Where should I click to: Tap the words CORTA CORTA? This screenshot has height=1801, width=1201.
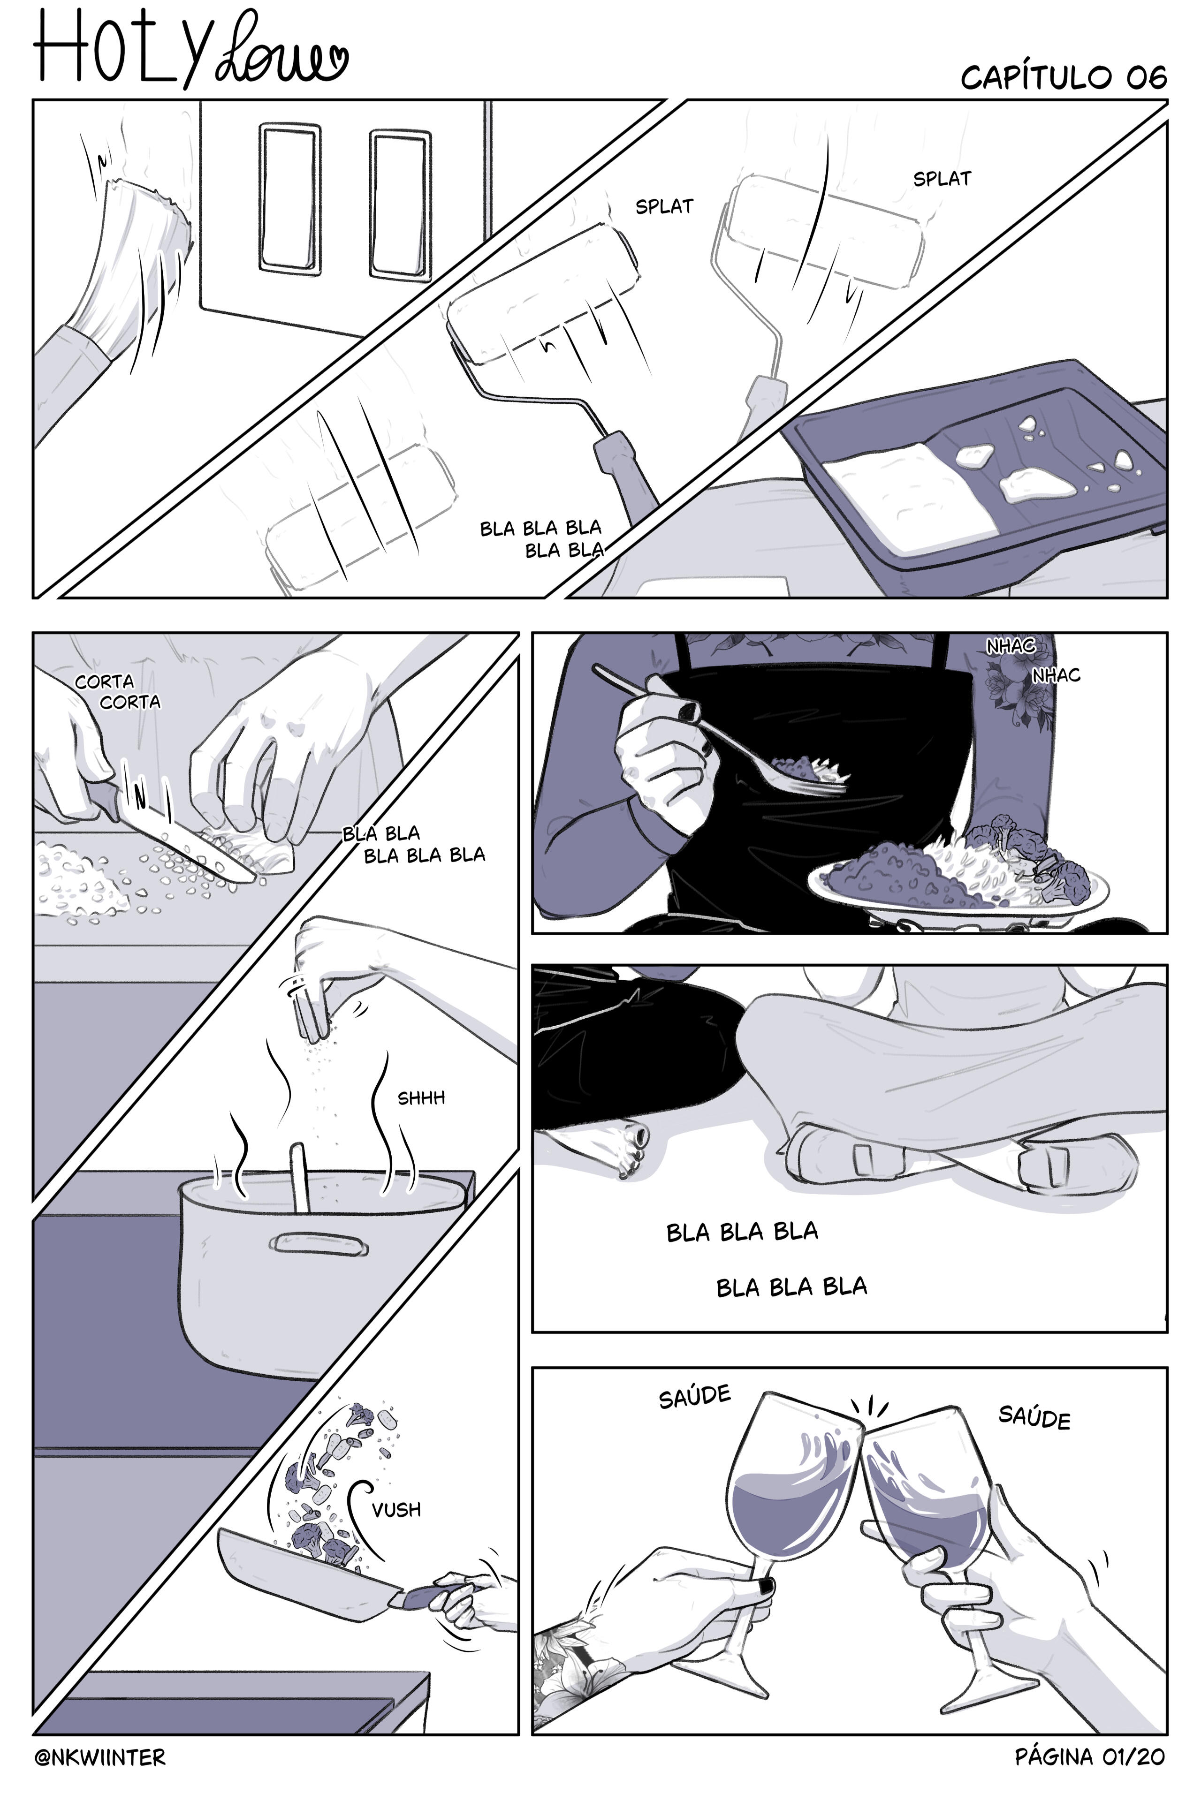click(x=118, y=691)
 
